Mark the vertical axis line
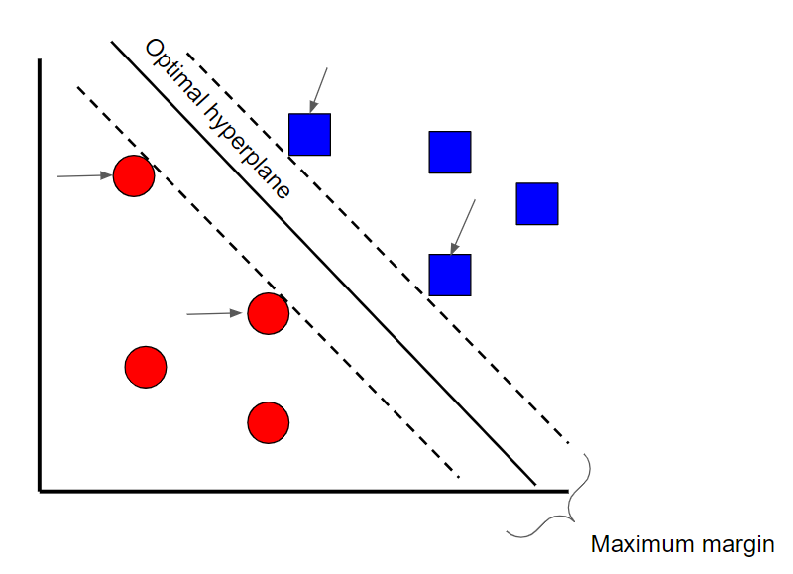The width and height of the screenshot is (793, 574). [x=40, y=297]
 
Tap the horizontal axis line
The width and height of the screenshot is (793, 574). [x=297, y=490]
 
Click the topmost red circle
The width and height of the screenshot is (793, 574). [x=133, y=176]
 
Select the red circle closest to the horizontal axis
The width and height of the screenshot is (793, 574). [x=268, y=423]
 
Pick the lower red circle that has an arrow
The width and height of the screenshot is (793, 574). [x=268, y=314]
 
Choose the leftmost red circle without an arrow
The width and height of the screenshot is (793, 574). [x=146, y=367]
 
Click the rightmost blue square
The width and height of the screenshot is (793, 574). [x=537, y=203]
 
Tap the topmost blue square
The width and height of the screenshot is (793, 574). [x=309, y=134]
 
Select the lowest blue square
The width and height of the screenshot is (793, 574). [x=450, y=275]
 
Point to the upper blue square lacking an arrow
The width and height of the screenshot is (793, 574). [x=450, y=152]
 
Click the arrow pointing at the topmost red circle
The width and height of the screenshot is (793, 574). [x=83, y=176]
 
